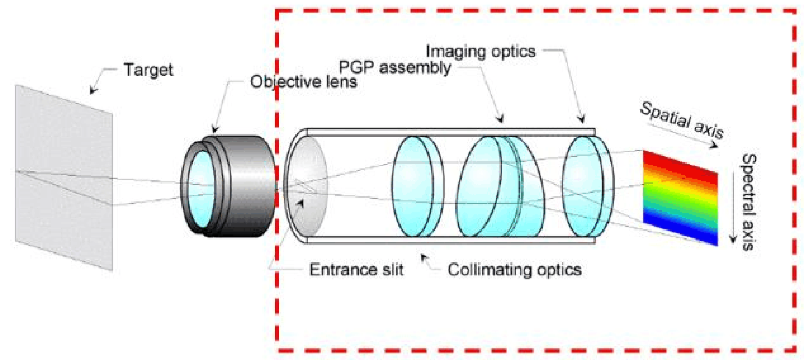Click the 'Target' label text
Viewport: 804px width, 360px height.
(x=148, y=70)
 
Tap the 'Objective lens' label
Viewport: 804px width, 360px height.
(x=303, y=82)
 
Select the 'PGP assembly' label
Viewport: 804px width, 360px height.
(x=395, y=67)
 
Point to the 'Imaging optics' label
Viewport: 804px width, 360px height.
(x=480, y=52)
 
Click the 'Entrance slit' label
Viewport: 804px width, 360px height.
(x=356, y=269)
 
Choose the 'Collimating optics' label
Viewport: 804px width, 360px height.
(x=514, y=269)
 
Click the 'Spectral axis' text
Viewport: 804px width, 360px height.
(x=749, y=202)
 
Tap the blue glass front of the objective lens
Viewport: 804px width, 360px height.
(x=201, y=189)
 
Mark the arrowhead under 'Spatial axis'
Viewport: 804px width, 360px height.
(x=715, y=146)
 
